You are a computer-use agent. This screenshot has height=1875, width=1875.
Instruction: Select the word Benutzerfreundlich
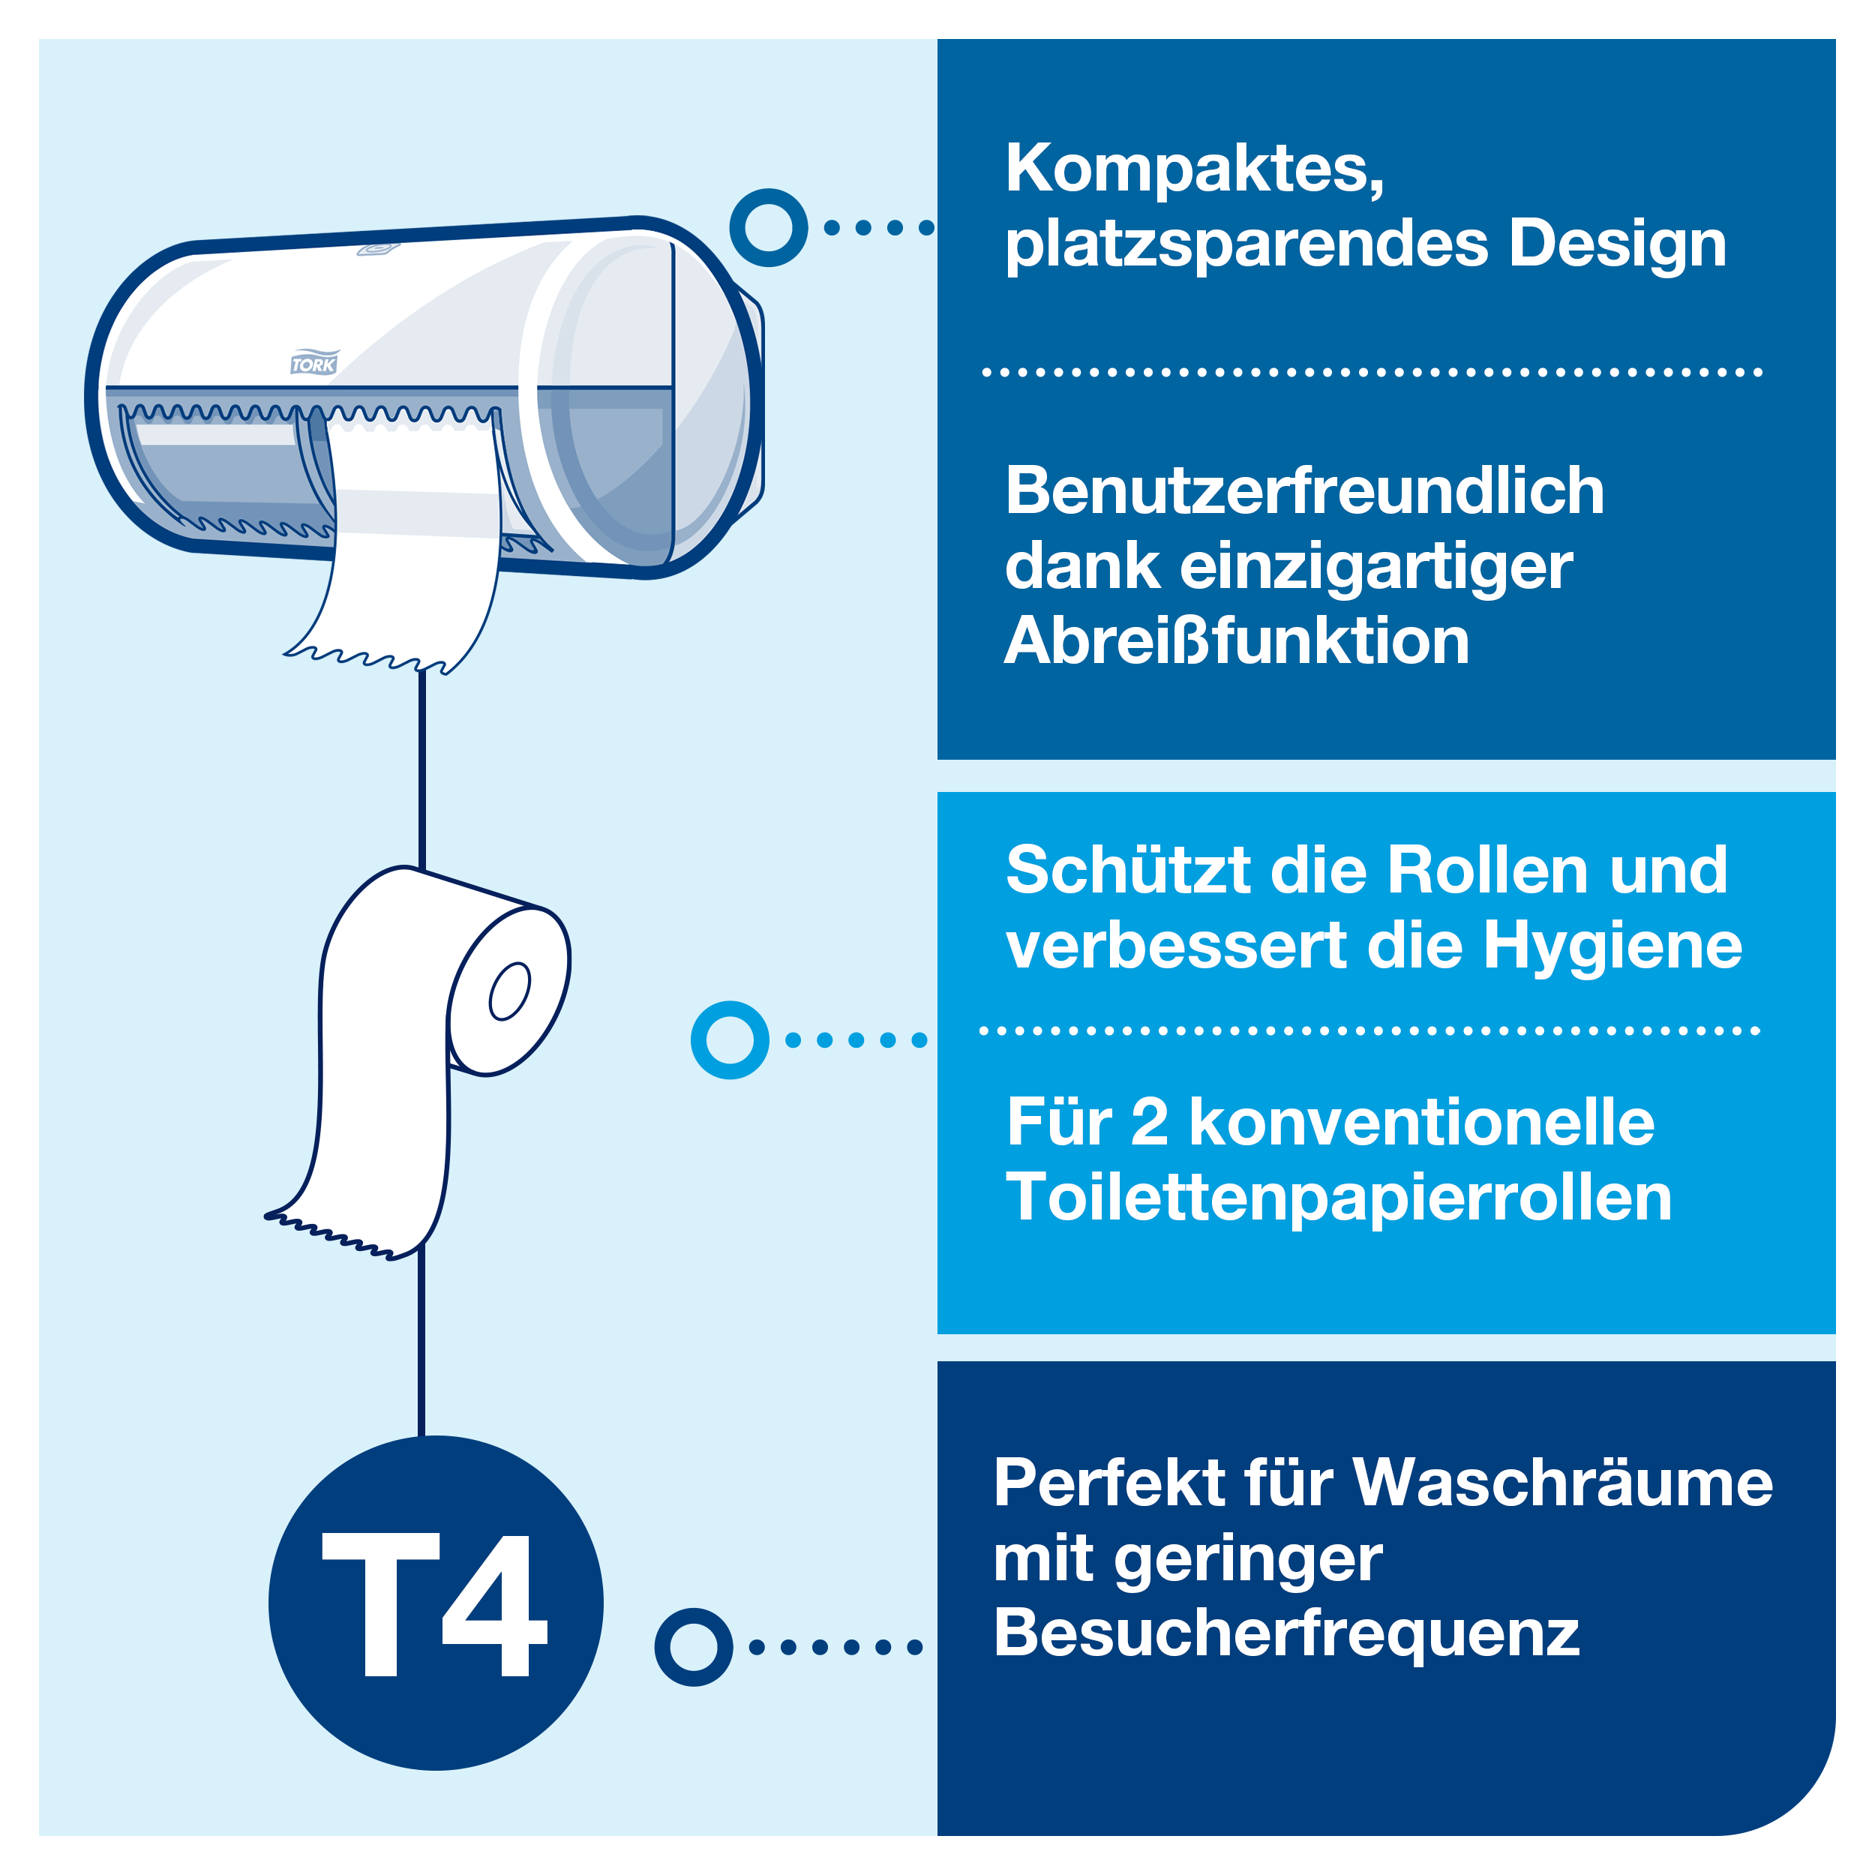(1304, 491)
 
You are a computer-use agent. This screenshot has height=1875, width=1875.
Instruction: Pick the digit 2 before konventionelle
(1149, 1123)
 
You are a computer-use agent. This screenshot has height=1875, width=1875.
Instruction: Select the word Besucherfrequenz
(1287, 1633)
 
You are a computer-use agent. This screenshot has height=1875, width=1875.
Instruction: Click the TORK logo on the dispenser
(313, 364)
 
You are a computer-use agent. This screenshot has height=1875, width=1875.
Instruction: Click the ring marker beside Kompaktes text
(768, 228)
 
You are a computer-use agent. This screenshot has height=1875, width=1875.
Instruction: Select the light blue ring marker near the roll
(730, 1040)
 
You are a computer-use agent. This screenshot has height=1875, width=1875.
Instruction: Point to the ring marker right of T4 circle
(693, 1647)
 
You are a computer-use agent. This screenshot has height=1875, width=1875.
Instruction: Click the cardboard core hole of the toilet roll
(509, 991)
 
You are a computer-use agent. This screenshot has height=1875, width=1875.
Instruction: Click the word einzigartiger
(1376, 567)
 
